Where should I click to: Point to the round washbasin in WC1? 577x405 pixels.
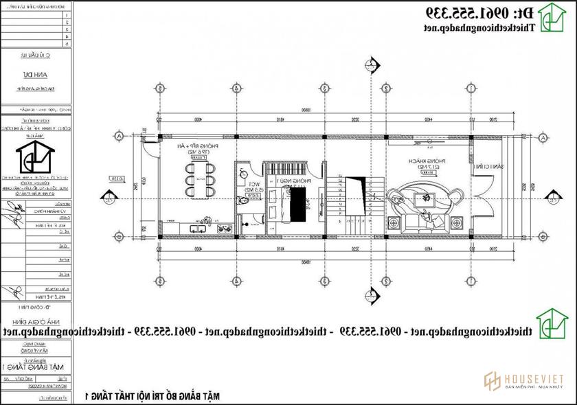[x=244, y=174]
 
